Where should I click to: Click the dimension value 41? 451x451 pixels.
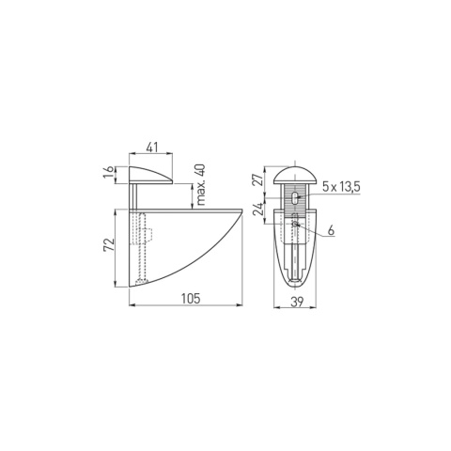point(152,147)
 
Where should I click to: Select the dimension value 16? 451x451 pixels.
point(108,173)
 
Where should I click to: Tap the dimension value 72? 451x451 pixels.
point(108,245)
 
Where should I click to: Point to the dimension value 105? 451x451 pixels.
point(191,298)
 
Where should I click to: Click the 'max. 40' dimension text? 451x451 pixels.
point(201,185)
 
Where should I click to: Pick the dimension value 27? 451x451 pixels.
point(258,180)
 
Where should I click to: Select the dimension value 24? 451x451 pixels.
point(258,210)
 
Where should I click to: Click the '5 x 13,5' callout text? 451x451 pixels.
point(341,187)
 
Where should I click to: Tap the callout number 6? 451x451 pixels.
point(331,230)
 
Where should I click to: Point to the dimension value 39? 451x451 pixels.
point(297,302)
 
